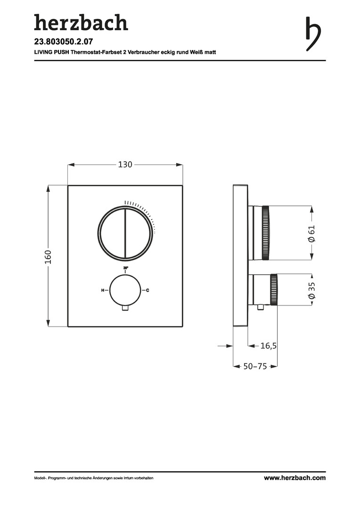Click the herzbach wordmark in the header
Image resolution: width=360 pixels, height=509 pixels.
(x=81, y=23)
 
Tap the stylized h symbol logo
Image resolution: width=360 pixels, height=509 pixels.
(x=313, y=34)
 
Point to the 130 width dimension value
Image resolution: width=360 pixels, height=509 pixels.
(x=125, y=164)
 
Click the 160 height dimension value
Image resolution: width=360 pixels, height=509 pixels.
(x=48, y=256)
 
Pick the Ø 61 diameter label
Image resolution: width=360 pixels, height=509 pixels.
(x=311, y=233)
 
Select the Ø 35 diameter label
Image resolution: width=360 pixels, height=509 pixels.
(x=311, y=290)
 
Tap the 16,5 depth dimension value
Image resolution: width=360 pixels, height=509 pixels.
(x=269, y=346)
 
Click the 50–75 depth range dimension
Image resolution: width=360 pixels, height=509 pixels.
(x=255, y=366)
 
